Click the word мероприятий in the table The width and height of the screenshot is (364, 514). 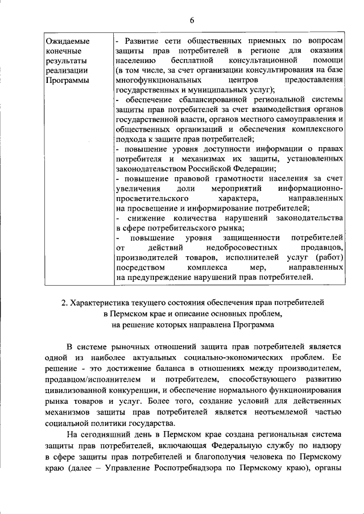coord(230,188)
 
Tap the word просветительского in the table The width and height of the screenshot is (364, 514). coord(152,198)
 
